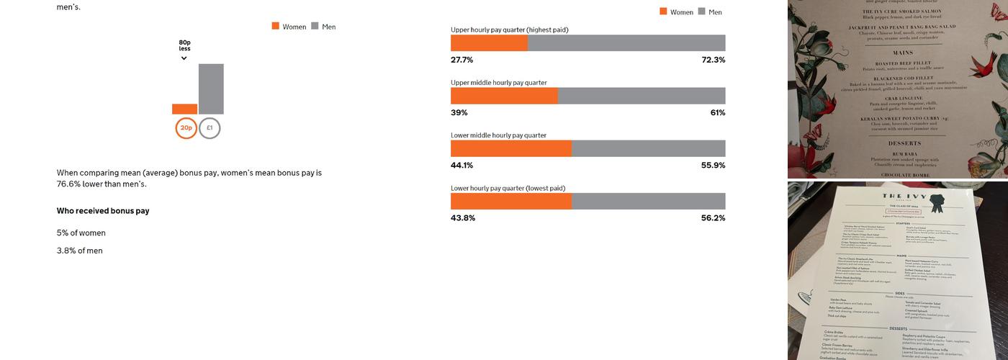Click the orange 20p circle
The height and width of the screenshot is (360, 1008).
pyautogui.click(x=186, y=128)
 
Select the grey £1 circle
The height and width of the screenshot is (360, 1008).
pyautogui.click(x=210, y=128)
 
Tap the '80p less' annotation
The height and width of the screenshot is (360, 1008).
pyautogui.click(x=185, y=46)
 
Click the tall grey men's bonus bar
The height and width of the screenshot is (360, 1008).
pyautogui.click(x=211, y=89)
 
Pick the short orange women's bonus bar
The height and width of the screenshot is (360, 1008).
pyautogui.click(x=184, y=109)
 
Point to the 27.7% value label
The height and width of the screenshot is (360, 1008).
pyautogui.click(x=462, y=60)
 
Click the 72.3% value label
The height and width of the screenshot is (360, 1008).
pyautogui.click(x=713, y=60)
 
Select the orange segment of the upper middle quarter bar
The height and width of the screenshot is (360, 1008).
pyautogui.click(x=504, y=96)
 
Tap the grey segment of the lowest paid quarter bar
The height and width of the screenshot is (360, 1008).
pyautogui.click(x=648, y=202)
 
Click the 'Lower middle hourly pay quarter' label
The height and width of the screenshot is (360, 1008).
pyautogui.click(x=498, y=135)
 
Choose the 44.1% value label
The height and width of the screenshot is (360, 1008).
pyautogui.click(x=462, y=166)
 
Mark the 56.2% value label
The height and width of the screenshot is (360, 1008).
pyautogui.click(x=713, y=218)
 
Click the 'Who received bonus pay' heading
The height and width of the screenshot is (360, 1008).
pyautogui.click(x=103, y=211)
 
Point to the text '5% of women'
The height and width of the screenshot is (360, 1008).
pyautogui.click(x=81, y=233)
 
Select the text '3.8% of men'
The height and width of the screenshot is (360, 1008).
pyautogui.click(x=80, y=251)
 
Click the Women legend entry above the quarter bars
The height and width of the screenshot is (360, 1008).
pyautogui.click(x=676, y=12)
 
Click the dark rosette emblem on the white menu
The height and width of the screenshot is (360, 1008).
pyautogui.click(x=937, y=204)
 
